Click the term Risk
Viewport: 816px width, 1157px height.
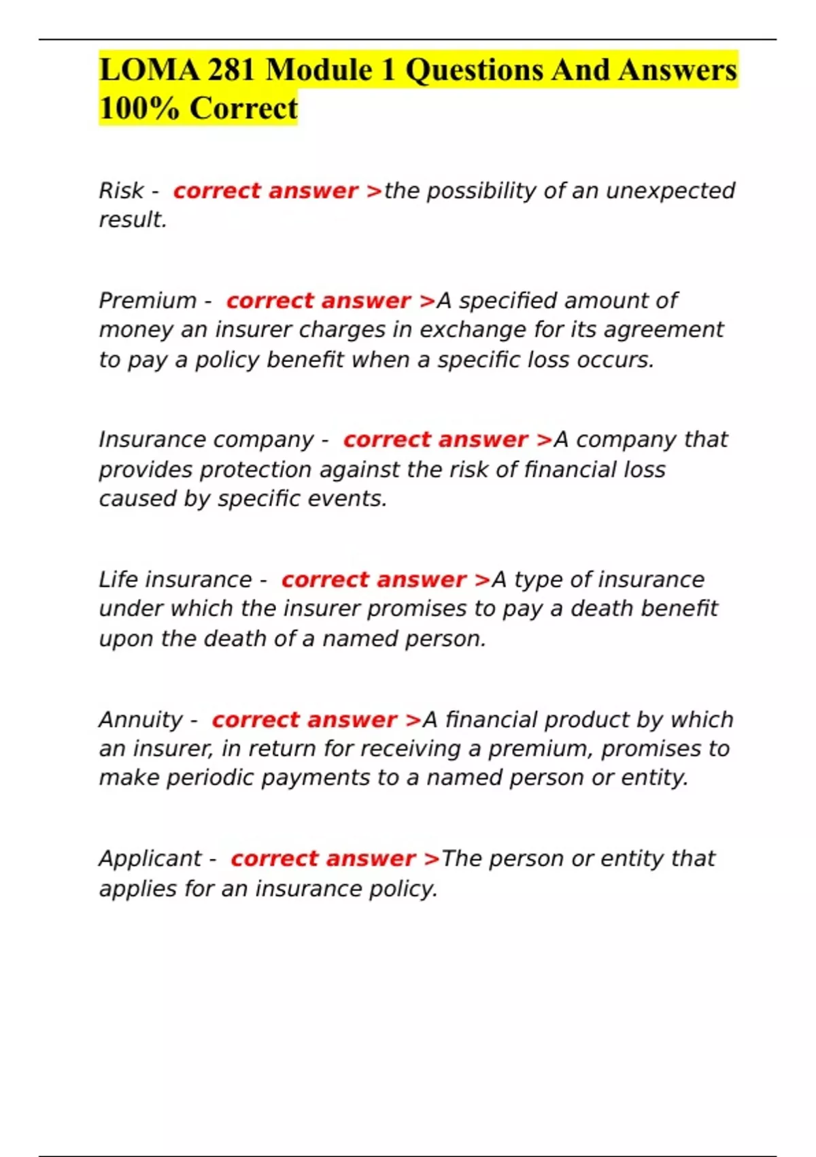(x=121, y=191)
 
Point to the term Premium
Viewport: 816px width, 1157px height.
(x=147, y=301)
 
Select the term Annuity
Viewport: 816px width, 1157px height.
(x=141, y=720)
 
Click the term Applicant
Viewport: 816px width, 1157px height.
(x=150, y=859)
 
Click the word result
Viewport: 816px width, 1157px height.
(x=132, y=220)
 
